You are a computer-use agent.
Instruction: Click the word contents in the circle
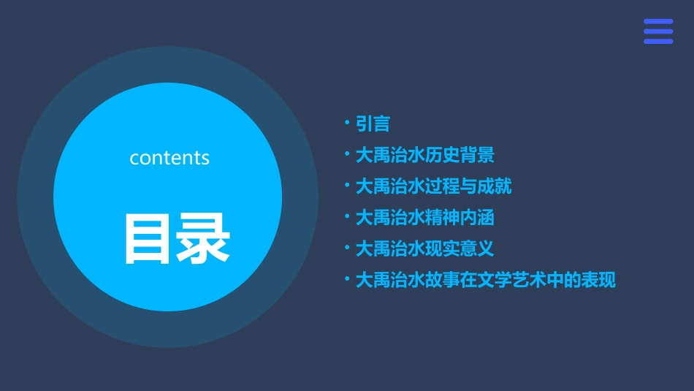(169, 158)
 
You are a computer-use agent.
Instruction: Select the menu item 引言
(373, 124)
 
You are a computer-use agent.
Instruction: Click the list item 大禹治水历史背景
(425, 155)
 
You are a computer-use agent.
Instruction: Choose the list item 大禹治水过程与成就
(433, 186)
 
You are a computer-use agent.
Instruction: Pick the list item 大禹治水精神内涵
(425, 218)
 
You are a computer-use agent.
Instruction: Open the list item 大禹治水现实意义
(425, 248)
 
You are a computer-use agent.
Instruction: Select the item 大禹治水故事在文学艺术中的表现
(486, 280)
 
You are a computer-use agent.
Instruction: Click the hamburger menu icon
(658, 31)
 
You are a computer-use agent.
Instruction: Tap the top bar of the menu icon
(658, 22)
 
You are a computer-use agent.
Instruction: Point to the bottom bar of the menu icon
(658, 42)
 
